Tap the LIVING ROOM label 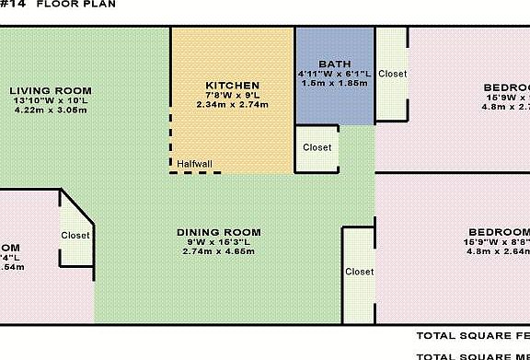(51, 90)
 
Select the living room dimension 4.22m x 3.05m (51, 110)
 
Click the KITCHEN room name (232, 85)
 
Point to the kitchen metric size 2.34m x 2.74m (232, 104)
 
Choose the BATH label (334, 64)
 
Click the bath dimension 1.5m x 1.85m (333, 83)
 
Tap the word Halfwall (195, 165)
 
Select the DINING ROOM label (219, 232)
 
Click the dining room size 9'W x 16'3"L (219, 242)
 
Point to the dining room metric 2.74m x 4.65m (219, 251)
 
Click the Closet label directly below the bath (317, 147)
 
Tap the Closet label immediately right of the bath (393, 74)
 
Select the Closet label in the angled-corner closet (75, 236)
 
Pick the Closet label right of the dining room (359, 272)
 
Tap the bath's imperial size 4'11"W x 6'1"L (333, 74)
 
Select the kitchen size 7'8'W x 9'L (232, 95)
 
